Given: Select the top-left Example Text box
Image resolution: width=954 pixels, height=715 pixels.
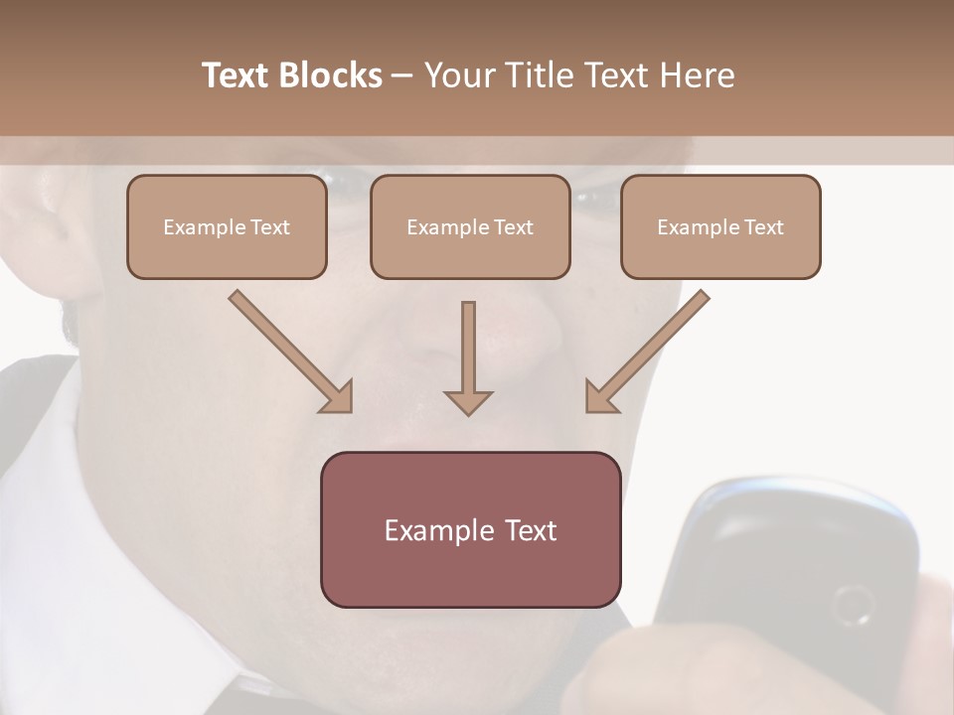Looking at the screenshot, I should [227, 226].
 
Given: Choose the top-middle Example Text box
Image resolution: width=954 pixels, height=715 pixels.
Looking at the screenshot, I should [470, 226].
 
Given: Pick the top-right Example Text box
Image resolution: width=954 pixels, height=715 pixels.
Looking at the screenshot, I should [720, 226].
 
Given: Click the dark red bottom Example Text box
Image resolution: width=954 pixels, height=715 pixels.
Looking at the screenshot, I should [470, 529].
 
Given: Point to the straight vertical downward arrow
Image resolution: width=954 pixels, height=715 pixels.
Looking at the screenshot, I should [468, 357].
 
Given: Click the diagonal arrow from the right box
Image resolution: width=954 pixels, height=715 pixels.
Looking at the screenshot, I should [647, 352].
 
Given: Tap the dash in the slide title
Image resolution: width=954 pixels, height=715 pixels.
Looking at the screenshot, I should [403, 75].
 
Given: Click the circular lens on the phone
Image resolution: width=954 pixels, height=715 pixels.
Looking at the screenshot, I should [853, 605].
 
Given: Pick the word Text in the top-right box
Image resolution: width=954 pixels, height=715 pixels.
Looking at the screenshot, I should [764, 227].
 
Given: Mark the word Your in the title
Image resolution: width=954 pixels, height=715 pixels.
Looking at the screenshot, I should [459, 75].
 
